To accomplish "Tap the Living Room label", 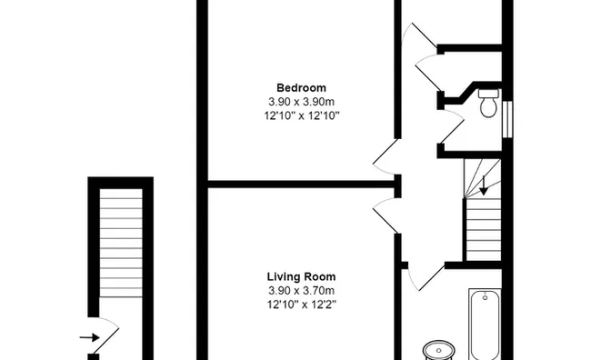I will coord(301,276).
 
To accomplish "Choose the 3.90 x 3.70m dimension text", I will coord(301,290).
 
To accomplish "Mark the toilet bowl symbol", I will coord(488,108).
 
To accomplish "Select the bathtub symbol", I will coord(486,324).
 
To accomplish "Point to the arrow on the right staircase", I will coord(483,185).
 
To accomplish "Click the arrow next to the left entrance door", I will coord(90,336).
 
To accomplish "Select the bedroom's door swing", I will coord(386,155).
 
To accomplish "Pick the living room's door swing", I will coord(386,215).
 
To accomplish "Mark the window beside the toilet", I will coord(507,117).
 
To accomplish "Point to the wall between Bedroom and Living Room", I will coord(300,182).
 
